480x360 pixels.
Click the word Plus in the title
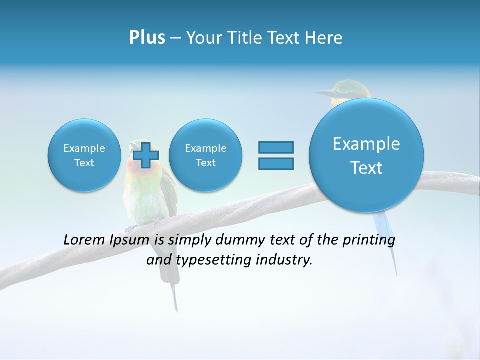[147, 38]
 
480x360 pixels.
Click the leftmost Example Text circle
[84, 155]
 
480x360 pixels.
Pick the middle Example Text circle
[205, 155]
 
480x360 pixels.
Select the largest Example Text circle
[366, 155]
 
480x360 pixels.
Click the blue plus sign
[145, 155]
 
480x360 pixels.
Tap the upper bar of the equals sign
[276, 147]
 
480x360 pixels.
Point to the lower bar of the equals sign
[276, 163]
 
